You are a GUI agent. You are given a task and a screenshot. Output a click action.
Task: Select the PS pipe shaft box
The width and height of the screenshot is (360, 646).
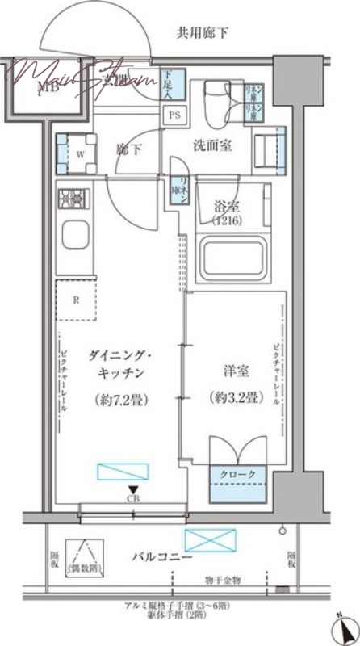click(x=174, y=114)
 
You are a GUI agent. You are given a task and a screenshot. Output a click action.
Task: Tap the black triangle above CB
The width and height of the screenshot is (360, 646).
click(x=129, y=489)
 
